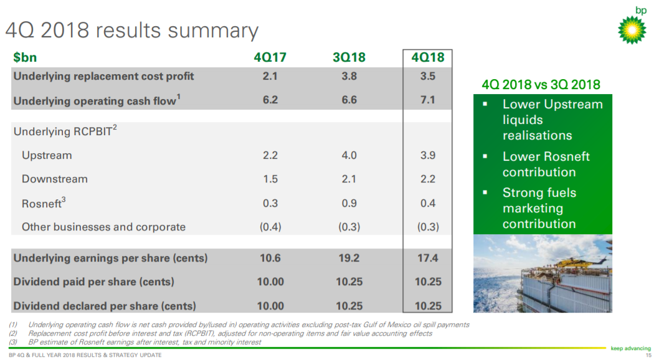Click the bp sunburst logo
632,30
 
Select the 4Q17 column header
270,57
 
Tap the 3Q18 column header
349,57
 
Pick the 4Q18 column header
427,57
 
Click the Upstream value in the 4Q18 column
427,155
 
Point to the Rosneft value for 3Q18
349,203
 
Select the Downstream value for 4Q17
270,179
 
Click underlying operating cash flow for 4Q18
427,100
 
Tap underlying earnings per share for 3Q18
349,258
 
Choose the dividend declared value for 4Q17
270,306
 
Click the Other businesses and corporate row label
103,227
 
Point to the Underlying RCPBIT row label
65,131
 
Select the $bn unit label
25,57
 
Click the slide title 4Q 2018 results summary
132,31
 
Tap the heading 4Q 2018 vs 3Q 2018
541,85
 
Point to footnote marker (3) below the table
13,342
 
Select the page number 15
648,355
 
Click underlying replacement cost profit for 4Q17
270,76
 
